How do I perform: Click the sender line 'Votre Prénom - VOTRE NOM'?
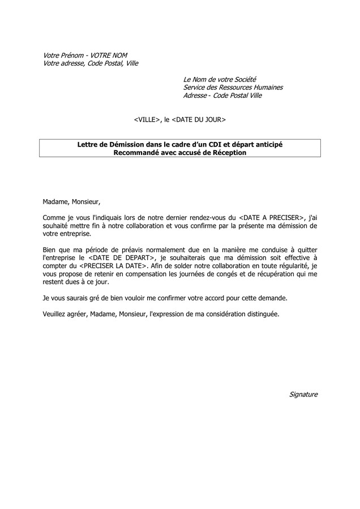85,55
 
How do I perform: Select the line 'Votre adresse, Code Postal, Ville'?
91,63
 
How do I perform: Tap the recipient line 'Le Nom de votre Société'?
220,79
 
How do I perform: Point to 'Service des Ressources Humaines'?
233,87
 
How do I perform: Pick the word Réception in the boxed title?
228,153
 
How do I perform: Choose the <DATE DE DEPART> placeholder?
120,257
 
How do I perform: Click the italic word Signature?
303,394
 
